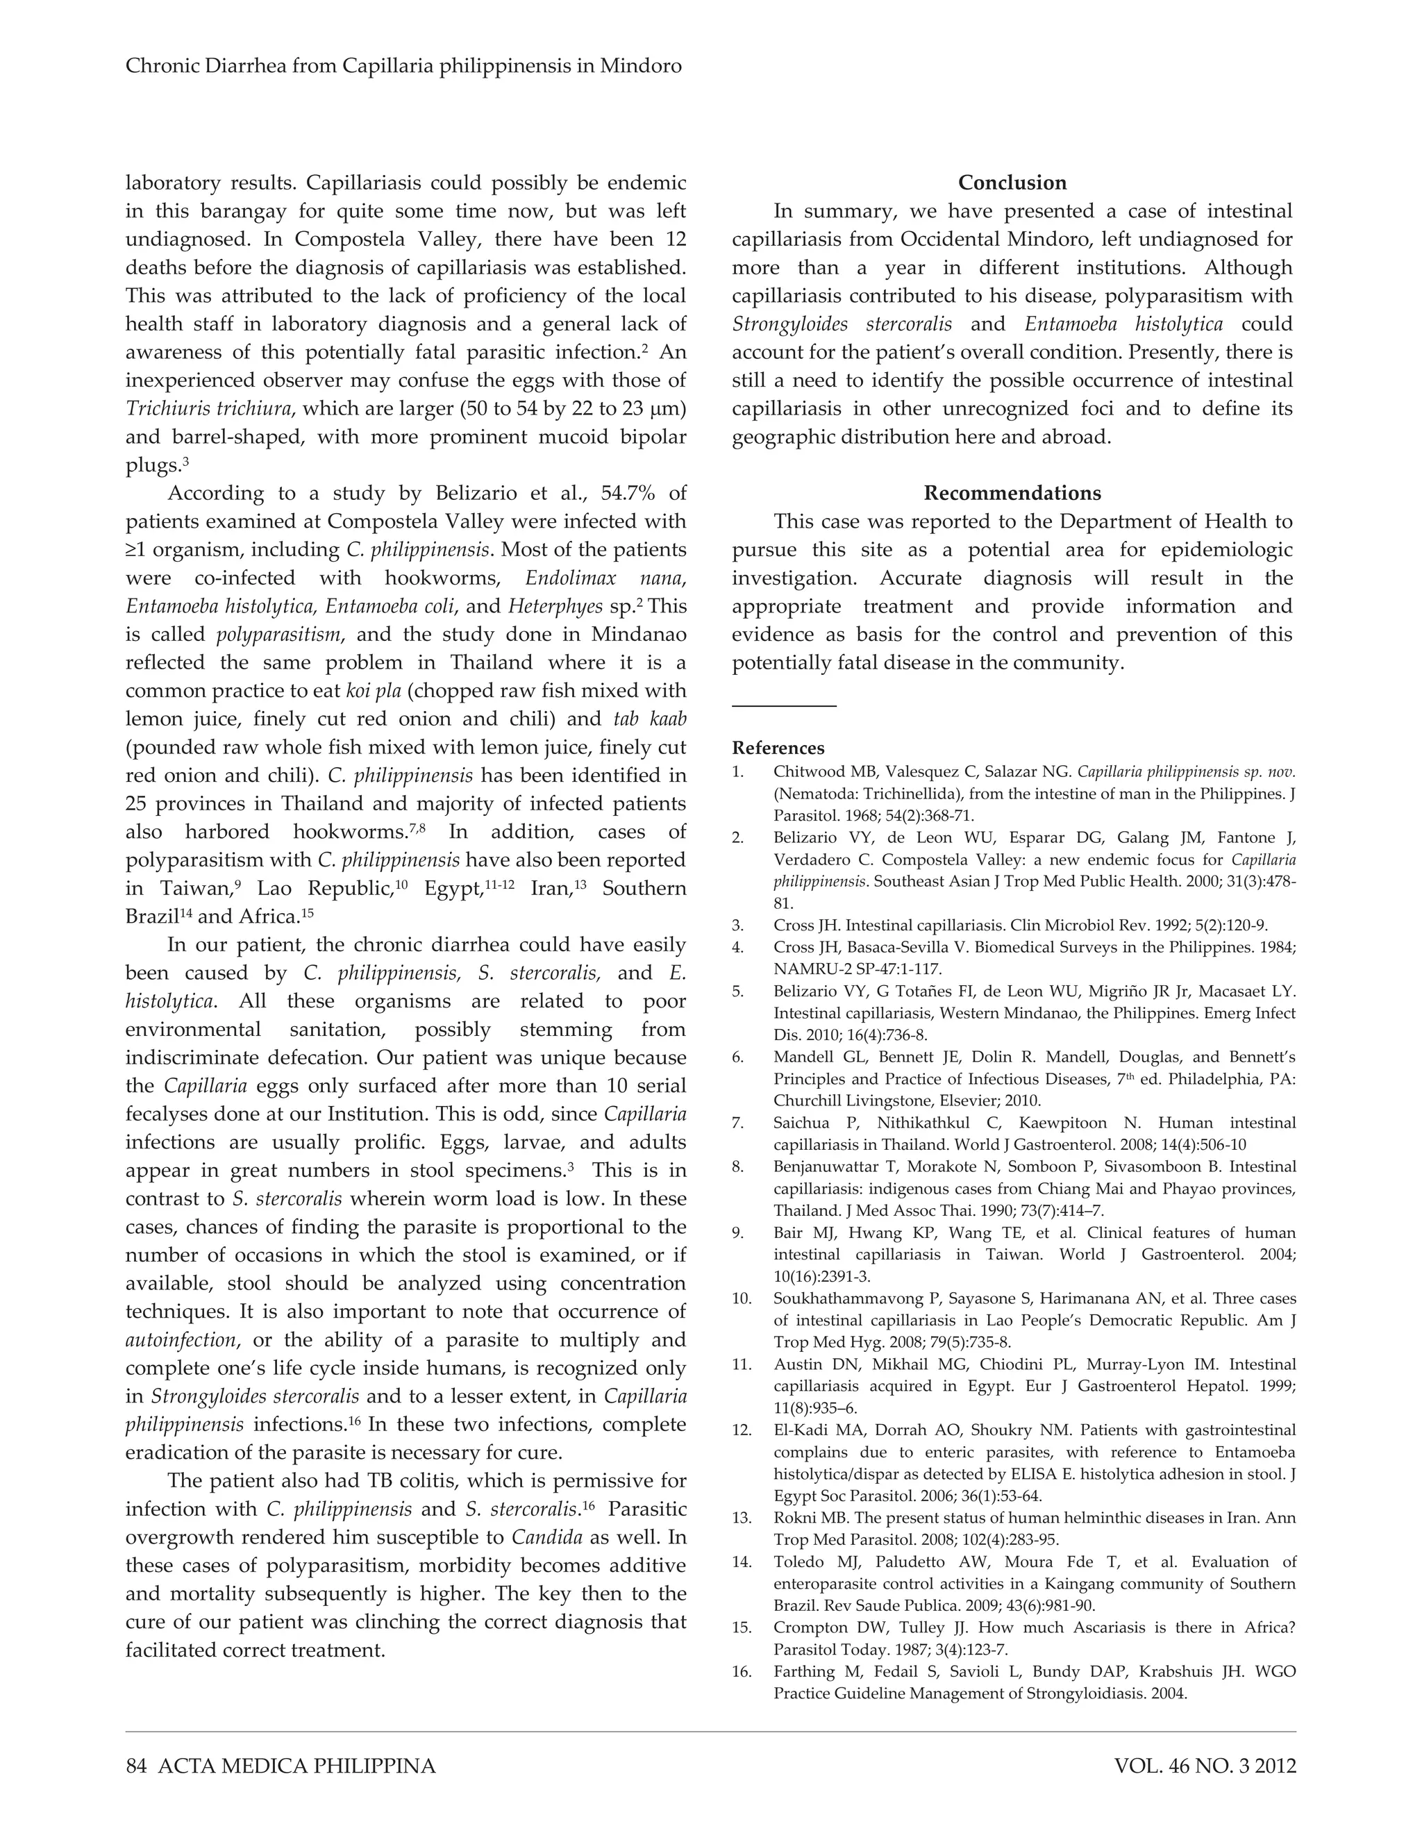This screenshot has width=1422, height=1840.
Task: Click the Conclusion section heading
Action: pos(1012,183)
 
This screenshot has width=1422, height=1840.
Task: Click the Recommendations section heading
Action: pos(1012,493)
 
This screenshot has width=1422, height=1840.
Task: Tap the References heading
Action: pos(778,748)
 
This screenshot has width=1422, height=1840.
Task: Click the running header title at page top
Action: pos(403,66)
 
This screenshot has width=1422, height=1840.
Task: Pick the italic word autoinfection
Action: pos(181,1339)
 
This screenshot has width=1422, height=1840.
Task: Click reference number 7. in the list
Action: pos(738,1123)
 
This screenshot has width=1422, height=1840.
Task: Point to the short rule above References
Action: pos(783,705)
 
